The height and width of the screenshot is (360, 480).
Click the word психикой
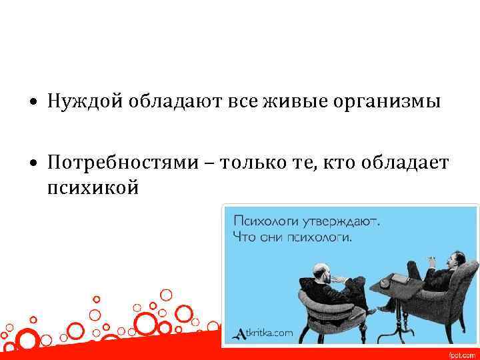coord(93,189)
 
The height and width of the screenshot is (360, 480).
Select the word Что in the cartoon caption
coord(245,237)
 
